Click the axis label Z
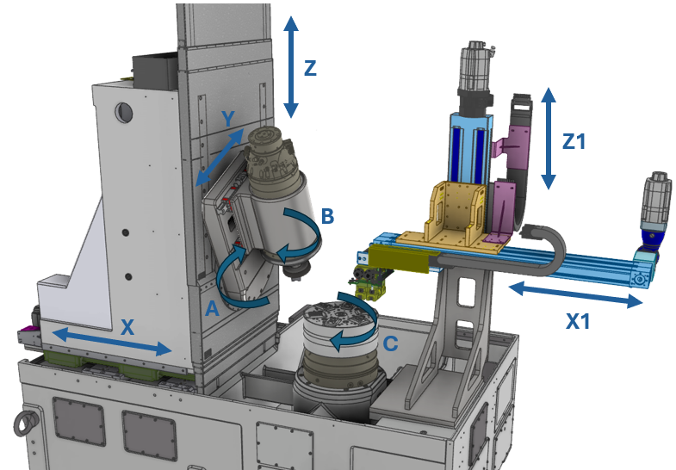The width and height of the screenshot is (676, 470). tap(310, 68)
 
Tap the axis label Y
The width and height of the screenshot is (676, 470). tap(227, 118)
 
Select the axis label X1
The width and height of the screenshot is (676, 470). tap(577, 321)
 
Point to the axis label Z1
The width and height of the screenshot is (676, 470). tap(574, 141)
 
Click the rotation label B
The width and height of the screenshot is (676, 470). tap(327, 216)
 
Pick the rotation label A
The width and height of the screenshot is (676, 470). tap(212, 308)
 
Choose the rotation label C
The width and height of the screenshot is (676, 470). tap(390, 343)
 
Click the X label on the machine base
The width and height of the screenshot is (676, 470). tap(127, 327)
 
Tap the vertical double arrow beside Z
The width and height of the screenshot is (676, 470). tap(291, 67)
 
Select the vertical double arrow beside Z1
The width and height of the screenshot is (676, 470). tap(548, 139)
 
